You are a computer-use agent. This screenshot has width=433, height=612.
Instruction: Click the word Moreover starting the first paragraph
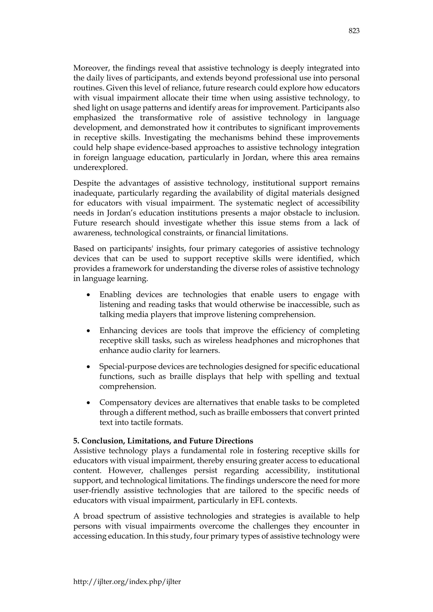pos(91,68)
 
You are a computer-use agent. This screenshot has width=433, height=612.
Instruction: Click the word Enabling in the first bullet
pos(115,295)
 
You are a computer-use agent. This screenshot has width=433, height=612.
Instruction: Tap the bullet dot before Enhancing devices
pos(88,331)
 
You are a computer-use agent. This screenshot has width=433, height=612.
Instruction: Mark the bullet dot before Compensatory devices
pos(88,403)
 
